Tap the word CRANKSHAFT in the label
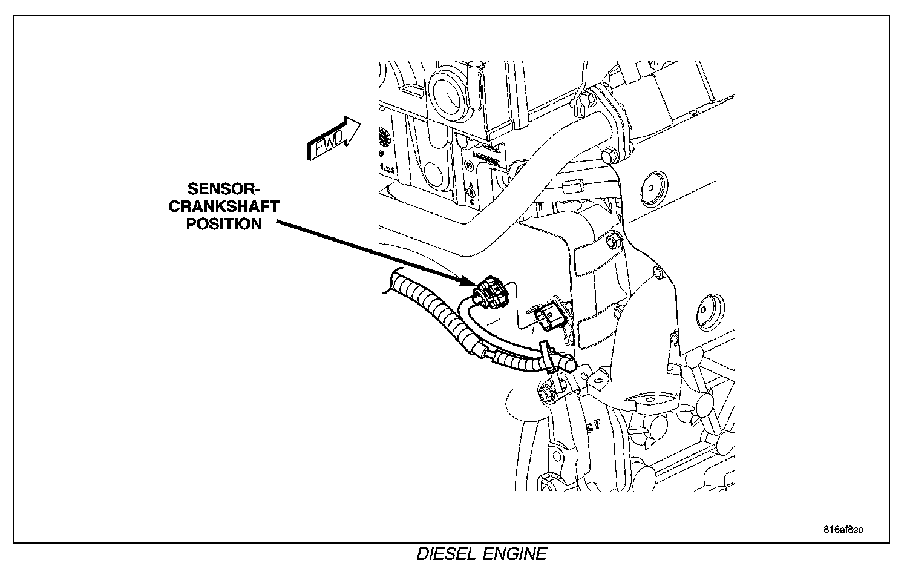[224, 206]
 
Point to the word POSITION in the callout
[224, 224]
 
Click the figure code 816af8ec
[843, 530]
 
